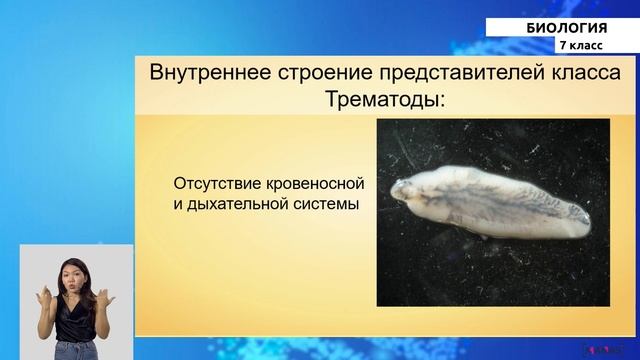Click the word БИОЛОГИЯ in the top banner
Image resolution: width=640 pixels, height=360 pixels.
567,27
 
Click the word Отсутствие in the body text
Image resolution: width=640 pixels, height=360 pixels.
216,185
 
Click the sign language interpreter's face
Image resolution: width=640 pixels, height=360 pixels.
75,275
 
